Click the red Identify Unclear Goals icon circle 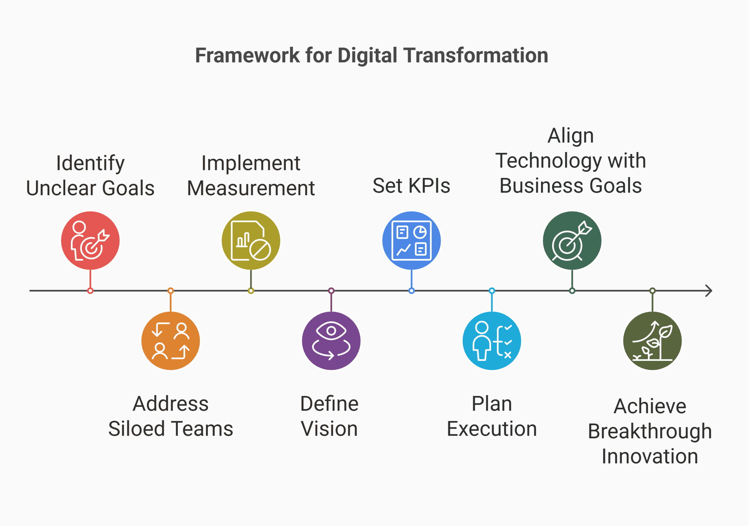pos(90,240)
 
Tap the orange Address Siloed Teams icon pos(171,341)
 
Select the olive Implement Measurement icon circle pos(251,240)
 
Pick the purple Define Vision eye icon pos(331,341)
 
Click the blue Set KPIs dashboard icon pos(411,240)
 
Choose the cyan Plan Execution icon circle pos(492,341)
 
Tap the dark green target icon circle pos(572,240)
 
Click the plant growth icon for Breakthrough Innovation pos(652,341)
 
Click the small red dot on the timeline pos(90,291)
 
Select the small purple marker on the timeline pos(331,291)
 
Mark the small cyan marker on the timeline pos(492,291)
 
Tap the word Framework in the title pos(247,56)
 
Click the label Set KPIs pos(411,186)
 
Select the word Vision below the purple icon pos(329,429)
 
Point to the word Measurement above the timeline pos(251,188)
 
